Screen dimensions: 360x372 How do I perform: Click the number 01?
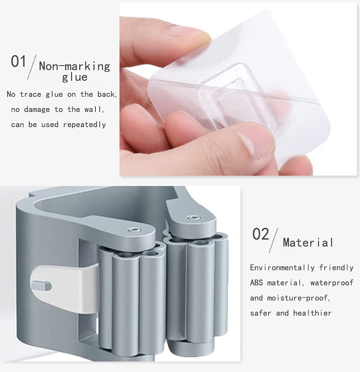pyautogui.click(x=18, y=61)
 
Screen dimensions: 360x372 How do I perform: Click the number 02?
pyautogui.click(x=261, y=234)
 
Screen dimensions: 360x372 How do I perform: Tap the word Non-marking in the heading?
pyautogui.click(x=75, y=66)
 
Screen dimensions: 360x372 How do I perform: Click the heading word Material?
pyautogui.click(x=308, y=243)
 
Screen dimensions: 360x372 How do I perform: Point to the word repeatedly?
pyautogui.click(x=84, y=125)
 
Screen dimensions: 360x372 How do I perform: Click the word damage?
pyautogui.click(x=37, y=109)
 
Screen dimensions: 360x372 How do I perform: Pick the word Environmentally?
pyautogui.click(x=282, y=267)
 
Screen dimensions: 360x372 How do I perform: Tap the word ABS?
pyautogui.click(x=256, y=283)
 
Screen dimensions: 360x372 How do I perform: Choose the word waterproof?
pyautogui.click(x=332, y=283)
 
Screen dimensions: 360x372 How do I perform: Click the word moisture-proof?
pyautogui.click(x=298, y=298)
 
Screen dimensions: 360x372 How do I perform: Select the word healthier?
pyautogui.click(x=312, y=313)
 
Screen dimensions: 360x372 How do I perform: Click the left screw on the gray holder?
pyautogui.click(x=133, y=230)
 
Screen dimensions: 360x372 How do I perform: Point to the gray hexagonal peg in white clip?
pyautogui.click(x=41, y=285)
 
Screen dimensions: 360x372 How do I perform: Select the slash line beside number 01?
pyautogui.click(x=32, y=67)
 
